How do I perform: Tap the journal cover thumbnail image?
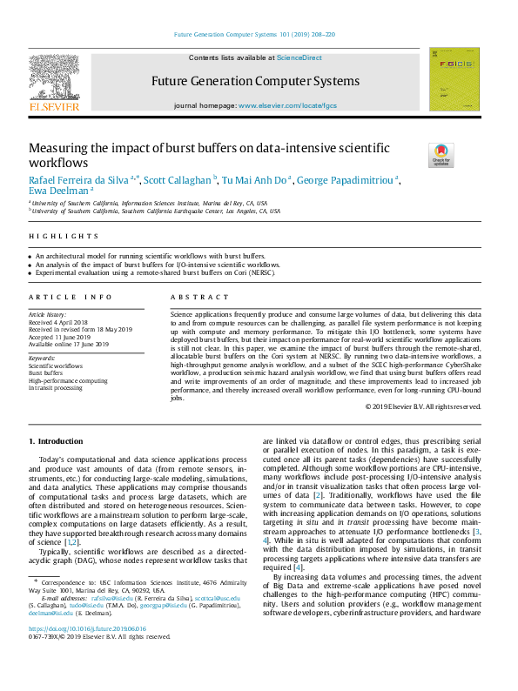pyautogui.click(x=454, y=79)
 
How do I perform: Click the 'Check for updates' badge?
pyautogui.click(x=441, y=155)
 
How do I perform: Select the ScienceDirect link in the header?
pyautogui.click(x=299, y=57)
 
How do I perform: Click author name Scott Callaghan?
pyautogui.click(x=178, y=180)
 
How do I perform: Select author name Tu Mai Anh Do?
pyautogui.click(x=254, y=180)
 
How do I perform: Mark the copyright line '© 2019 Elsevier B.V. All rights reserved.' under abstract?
pyautogui.click(x=423, y=406)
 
